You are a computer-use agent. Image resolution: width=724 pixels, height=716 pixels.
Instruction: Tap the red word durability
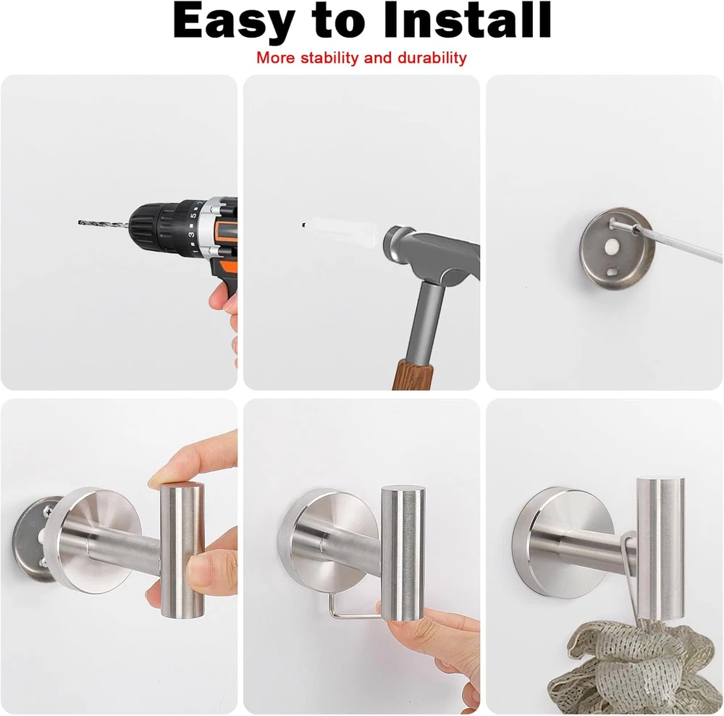pos(432,58)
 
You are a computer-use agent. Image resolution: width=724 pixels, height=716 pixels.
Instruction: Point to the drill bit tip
pos(79,223)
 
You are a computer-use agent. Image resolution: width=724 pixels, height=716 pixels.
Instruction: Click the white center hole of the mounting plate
pos(612,248)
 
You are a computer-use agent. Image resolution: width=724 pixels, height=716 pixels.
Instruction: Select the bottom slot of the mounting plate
pos(614,272)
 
